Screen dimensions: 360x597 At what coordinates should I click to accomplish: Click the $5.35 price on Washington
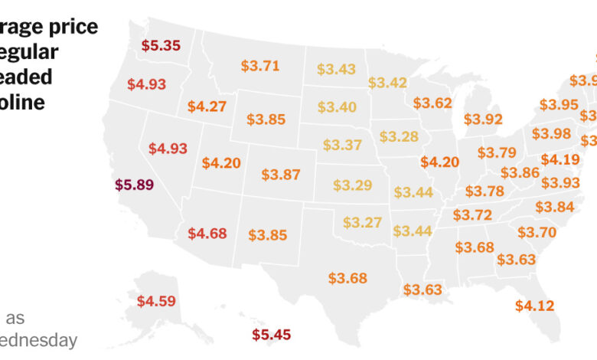[161, 45]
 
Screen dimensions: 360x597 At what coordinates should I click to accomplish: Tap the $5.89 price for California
[135, 185]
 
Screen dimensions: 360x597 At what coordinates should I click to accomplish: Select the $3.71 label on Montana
[260, 67]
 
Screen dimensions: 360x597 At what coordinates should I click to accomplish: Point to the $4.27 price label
[207, 106]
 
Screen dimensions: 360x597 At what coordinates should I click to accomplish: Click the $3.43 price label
[337, 70]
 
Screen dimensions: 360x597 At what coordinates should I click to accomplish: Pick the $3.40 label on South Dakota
[337, 107]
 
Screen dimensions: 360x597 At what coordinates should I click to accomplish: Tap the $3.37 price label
[342, 145]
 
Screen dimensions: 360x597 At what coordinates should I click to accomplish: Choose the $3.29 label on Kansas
[352, 185]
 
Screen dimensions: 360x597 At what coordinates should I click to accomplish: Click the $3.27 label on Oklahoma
[362, 223]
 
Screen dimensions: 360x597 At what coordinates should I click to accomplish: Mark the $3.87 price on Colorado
[281, 175]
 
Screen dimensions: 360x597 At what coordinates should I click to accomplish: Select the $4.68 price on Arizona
[207, 233]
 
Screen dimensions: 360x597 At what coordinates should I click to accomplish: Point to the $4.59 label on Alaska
[156, 301]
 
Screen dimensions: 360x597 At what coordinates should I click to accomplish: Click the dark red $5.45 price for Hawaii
[272, 335]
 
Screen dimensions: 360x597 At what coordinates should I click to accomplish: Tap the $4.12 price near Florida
[534, 306]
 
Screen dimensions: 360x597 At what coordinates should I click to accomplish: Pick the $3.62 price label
[432, 103]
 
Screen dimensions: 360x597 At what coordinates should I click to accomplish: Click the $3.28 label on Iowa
[399, 136]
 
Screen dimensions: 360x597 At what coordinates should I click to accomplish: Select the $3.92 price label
[483, 119]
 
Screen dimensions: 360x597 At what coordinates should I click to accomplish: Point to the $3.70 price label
[537, 231]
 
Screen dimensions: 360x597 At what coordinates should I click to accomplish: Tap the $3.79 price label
[497, 152]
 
